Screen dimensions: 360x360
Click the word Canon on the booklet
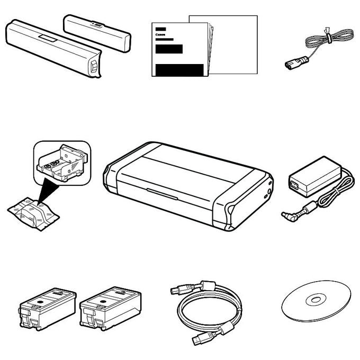pyautogui.click(x=160, y=34)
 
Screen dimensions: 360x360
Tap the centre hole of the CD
pyautogui.click(x=316, y=300)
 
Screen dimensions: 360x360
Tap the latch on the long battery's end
pyautogui.click(x=94, y=66)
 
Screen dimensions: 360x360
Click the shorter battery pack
pyautogui.click(x=97, y=33)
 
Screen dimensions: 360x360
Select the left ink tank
pyautogui.click(x=47, y=308)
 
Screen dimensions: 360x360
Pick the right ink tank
pyautogui.click(x=110, y=308)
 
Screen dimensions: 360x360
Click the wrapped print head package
pyautogui.click(x=33, y=213)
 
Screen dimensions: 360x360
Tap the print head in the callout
pyautogui.click(x=62, y=163)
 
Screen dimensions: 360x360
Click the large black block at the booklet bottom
pyautogui.click(x=179, y=70)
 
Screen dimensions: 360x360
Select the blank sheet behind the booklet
pyautogui.click(x=234, y=45)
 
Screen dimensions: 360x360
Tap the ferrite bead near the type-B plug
pyautogui.click(x=208, y=285)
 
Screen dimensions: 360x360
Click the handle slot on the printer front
pyautogui.click(x=162, y=194)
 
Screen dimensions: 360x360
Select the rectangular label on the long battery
pyautogui.click(x=48, y=38)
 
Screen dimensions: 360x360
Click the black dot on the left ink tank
pyautogui.click(x=40, y=302)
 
